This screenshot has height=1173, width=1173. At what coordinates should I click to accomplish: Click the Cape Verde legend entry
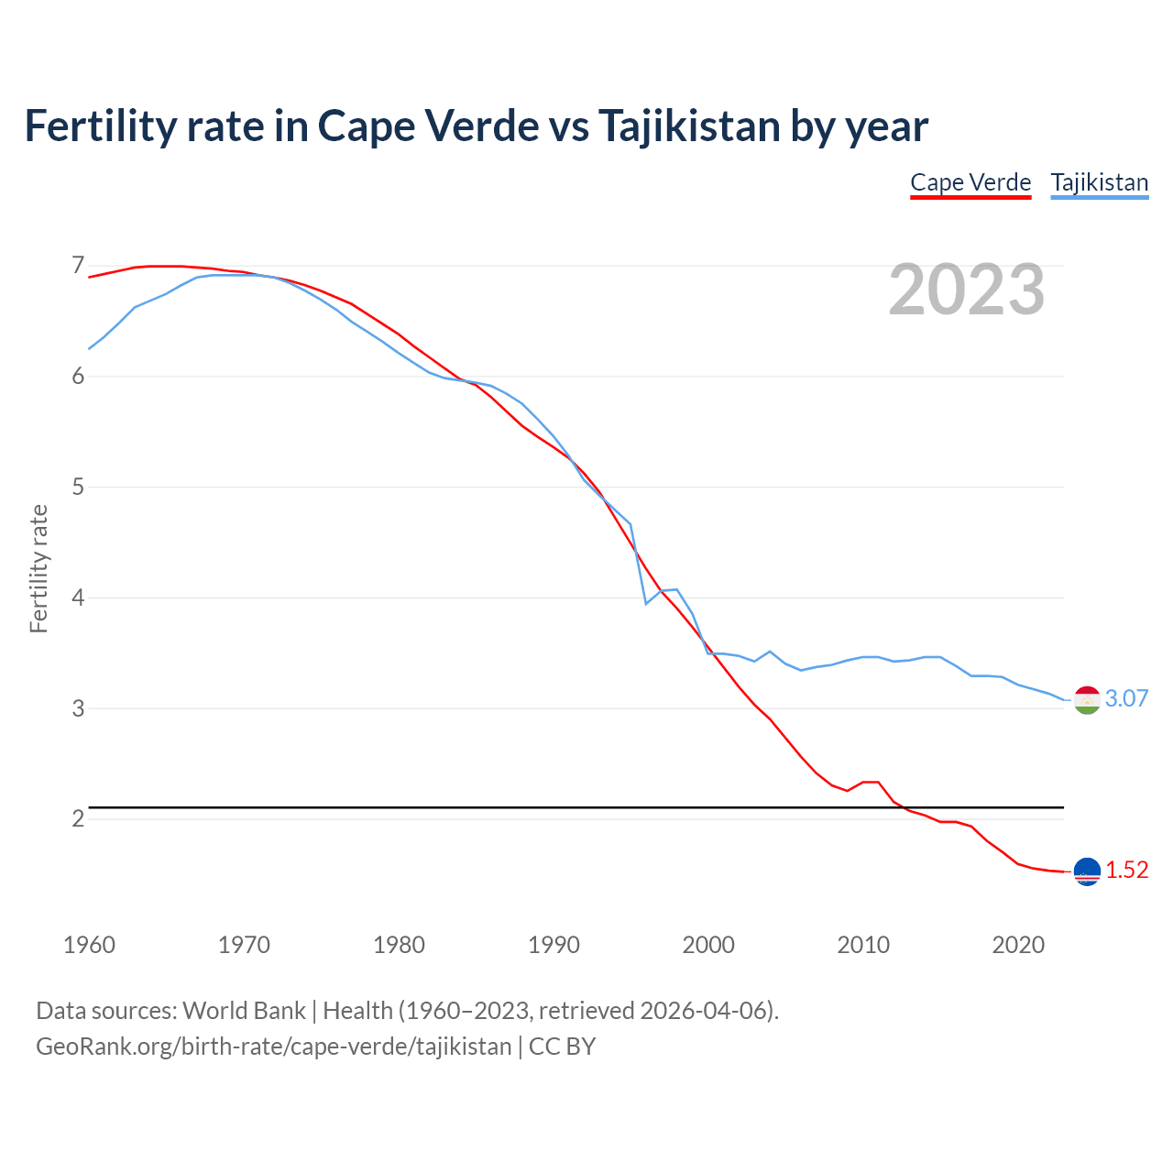pyautogui.click(x=970, y=182)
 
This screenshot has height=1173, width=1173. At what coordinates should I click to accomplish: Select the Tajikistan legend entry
pyautogui.click(x=1099, y=182)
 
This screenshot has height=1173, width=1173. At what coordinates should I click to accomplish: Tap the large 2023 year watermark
pyautogui.click(x=966, y=290)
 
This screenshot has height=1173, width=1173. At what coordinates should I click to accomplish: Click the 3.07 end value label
pyautogui.click(x=1126, y=698)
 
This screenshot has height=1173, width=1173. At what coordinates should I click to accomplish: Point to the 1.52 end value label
pyautogui.click(x=1126, y=870)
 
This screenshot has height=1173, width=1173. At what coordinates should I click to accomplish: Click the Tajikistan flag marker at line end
pyautogui.click(x=1087, y=699)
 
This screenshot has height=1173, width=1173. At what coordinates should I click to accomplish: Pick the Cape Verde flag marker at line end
pyautogui.click(x=1087, y=872)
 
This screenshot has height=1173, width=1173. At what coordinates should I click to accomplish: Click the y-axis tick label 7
pyautogui.click(x=78, y=266)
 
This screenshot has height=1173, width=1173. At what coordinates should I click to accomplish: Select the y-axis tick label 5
pyautogui.click(x=78, y=487)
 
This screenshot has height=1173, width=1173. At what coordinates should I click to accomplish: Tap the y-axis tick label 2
pyautogui.click(x=78, y=818)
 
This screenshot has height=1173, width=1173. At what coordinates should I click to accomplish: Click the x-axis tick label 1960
pyautogui.click(x=89, y=945)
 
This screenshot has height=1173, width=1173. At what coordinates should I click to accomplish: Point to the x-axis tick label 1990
pyautogui.click(x=554, y=945)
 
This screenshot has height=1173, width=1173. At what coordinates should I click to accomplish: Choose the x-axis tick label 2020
pyautogui.click(x=1018, y=945)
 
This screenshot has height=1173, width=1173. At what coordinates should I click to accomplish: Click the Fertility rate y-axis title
pyautogui.click(x=38, y=568)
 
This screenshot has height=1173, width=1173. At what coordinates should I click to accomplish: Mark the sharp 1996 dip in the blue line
pyautogui.click(x=646, y=603)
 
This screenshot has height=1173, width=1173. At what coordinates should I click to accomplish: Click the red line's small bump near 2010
pyautogui.click(x=871, y=782)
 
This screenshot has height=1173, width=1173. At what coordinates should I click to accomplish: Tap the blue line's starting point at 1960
pyautogui.click(x=89, y=349)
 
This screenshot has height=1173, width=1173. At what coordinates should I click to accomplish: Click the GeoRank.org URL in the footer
pyautogui.click(x=273, y=1046)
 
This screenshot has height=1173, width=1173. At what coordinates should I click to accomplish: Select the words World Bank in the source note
pyautogui.click(x=244, y=1010)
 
